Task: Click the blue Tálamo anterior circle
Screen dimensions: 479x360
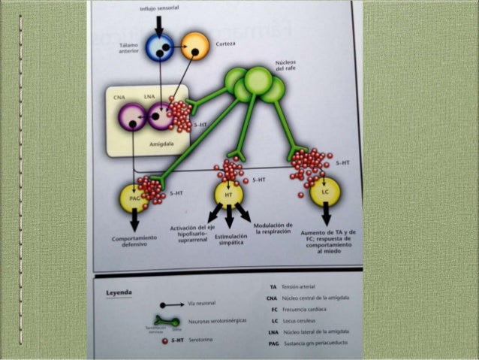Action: coord(159,47)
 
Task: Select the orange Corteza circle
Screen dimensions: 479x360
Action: coord(195,47)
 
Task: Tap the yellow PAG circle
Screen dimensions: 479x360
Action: coord(135,197)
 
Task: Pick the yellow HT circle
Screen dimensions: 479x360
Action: coord(227,194)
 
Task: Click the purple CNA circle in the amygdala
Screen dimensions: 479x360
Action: coord(133,116)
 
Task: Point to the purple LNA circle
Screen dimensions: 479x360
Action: coord(161,116)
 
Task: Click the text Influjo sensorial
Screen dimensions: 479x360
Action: coord(159,9)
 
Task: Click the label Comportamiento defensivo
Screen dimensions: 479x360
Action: coord(136,241)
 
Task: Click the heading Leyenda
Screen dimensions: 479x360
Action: coord(120,292)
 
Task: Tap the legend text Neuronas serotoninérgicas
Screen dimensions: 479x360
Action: coord(212,321)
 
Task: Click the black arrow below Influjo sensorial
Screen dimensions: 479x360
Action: coord(158,23)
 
